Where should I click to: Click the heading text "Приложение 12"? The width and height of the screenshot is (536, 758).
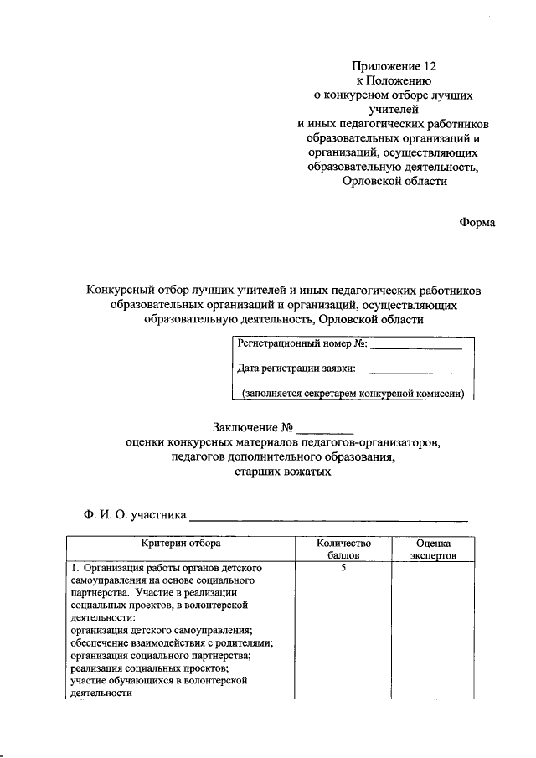point(394,65)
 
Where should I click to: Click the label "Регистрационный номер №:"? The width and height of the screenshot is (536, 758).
point(302,343)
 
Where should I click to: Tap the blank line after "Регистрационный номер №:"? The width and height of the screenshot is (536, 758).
point(416,345)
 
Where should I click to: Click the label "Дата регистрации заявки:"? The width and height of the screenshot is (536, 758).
point(296,368)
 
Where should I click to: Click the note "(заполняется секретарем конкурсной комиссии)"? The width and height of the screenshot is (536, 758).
point(353,393)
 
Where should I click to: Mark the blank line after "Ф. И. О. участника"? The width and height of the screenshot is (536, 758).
point(327,518)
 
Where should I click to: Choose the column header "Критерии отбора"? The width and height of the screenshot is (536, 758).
point(180,544)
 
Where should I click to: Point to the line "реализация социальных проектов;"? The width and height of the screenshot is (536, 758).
point(150,668)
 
